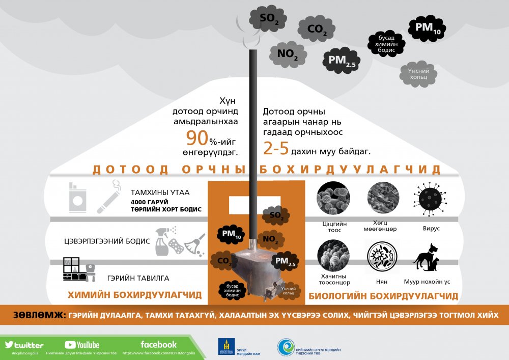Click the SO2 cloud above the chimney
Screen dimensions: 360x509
click(269, 19)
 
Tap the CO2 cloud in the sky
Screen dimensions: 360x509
click(317, 29)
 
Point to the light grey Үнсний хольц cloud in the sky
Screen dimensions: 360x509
click(418, 74)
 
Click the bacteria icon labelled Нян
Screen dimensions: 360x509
click(382, 257)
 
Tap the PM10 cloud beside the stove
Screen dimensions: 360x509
click(231, 234)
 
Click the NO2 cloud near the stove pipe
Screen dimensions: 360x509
click(270, 239)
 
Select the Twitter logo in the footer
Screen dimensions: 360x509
click(24, 345)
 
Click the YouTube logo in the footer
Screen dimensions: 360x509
click(82, 345)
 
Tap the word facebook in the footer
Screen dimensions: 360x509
click(158, 344)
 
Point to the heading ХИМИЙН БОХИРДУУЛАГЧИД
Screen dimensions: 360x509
click(134, 295)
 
